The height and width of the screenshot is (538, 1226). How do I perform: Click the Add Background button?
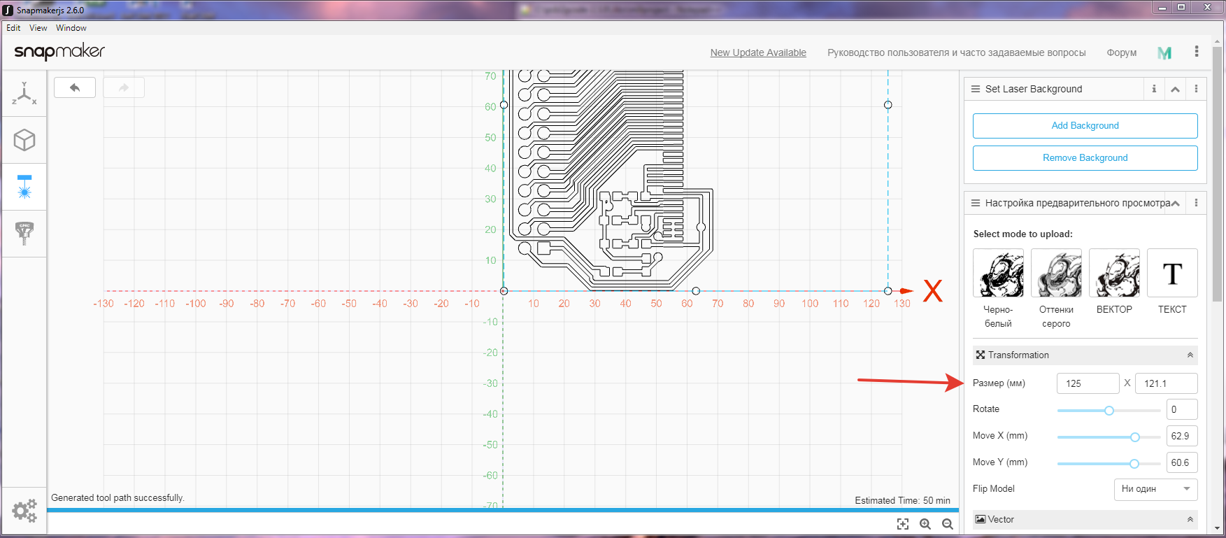coord(1085,126)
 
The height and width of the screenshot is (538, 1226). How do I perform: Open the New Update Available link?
coord(758,52)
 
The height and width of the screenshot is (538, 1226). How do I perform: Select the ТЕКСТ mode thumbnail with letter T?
coord(1172,274)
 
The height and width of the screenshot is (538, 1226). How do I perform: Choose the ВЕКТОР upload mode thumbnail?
coord(1114,274)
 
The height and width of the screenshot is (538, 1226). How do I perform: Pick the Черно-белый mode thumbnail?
coord(998,274)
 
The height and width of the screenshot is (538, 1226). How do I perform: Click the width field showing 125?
coord(1088,383)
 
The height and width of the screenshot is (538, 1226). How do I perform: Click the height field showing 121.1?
coord(1166,383)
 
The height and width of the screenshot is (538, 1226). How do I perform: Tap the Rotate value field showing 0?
coord(1182,409)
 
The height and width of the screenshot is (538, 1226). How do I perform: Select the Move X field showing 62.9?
coord(1182,436)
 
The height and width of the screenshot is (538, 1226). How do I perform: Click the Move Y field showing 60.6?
coord(1182,462)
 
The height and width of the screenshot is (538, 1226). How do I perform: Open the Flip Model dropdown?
coord(1155,489)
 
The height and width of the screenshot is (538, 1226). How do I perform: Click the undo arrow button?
coord(75,87)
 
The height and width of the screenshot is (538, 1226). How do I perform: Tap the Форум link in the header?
coord(1121,52)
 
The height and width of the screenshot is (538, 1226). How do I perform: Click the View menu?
coord(38,28)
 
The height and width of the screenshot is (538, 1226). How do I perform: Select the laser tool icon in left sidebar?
coord(24,187)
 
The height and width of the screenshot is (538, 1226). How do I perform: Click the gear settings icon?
coord(24,511)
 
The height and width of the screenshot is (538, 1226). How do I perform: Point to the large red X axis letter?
coord(933,291)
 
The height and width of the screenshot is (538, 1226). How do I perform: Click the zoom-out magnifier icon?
coord(948,524)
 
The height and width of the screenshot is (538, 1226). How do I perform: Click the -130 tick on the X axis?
coord(104,304)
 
